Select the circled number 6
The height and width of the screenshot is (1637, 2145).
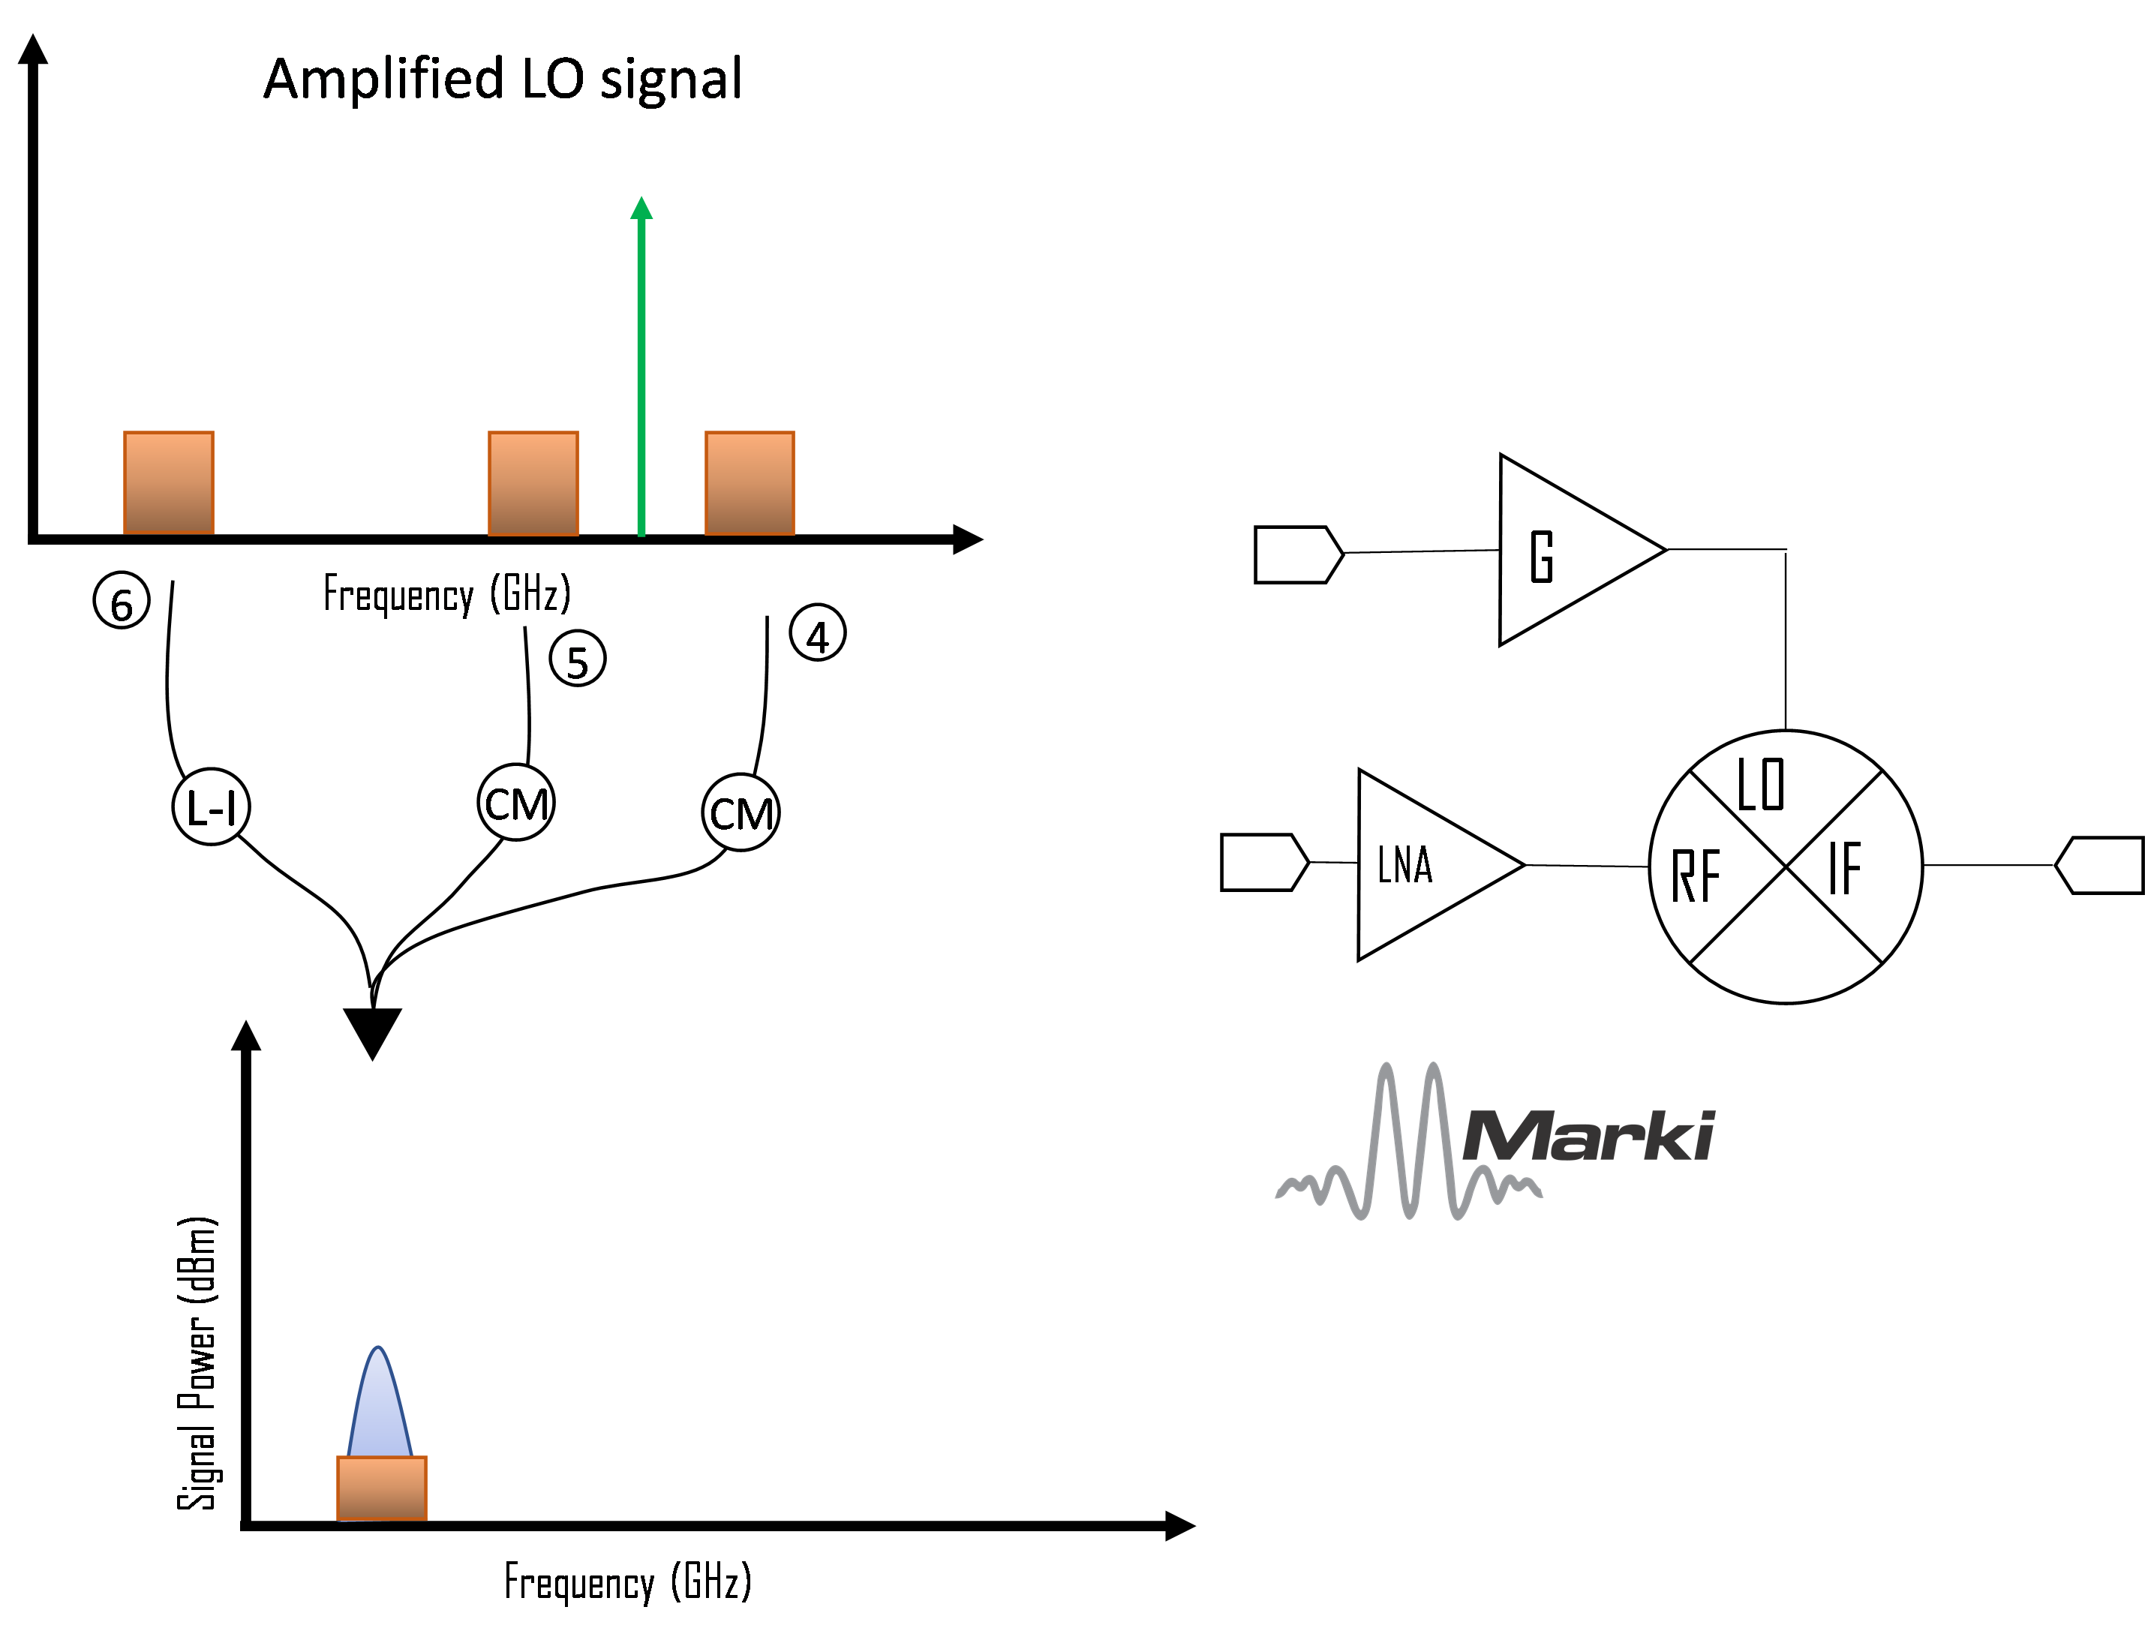click(x=122, y=600)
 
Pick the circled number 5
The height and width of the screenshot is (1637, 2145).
click(x=578, y=659)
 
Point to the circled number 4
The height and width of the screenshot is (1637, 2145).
click(x=818, y=633)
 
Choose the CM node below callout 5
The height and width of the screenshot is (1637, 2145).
click(x=516, y=803)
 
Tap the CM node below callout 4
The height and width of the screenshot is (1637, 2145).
click(x=741, y=812)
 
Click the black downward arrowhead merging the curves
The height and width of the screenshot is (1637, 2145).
click(x=372, y=1031)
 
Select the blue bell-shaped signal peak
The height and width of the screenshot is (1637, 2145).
click(x=379, y=1408)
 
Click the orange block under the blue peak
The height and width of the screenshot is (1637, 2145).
click(x=382, y=1488)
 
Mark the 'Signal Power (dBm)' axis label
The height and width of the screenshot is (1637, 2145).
click(x=198, y=1364)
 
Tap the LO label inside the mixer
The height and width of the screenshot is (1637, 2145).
click(x=1760, y=785)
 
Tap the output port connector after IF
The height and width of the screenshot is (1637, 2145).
click(x=2100, y=865)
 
